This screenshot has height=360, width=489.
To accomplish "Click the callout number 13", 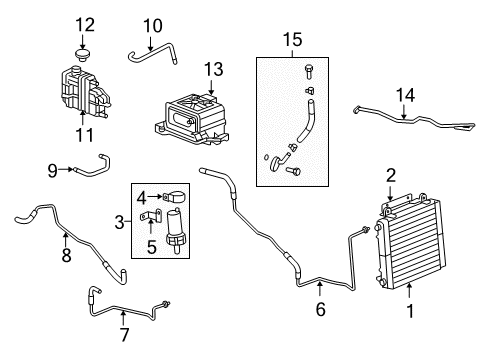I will coord(211,69).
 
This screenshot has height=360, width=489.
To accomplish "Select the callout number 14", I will coord(405,95).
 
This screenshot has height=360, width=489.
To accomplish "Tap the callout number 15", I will coord(292,40).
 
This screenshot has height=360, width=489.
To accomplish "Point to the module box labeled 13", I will coord(196,119).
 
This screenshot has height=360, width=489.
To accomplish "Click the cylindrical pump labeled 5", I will coord(174,236).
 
